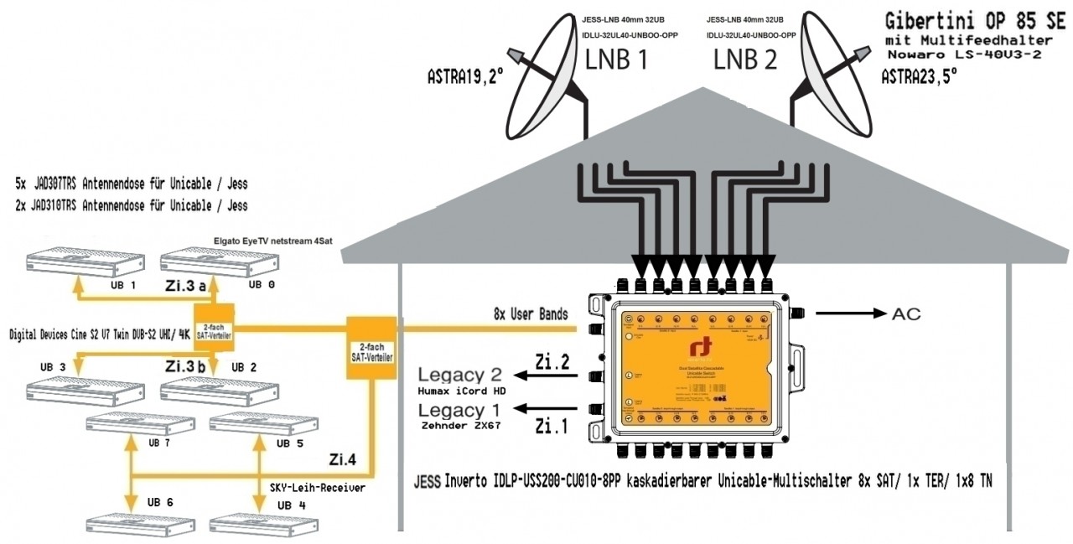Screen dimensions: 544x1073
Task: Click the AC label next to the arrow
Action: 906,313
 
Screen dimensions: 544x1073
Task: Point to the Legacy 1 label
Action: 464,410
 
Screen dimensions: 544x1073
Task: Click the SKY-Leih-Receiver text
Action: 318,488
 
